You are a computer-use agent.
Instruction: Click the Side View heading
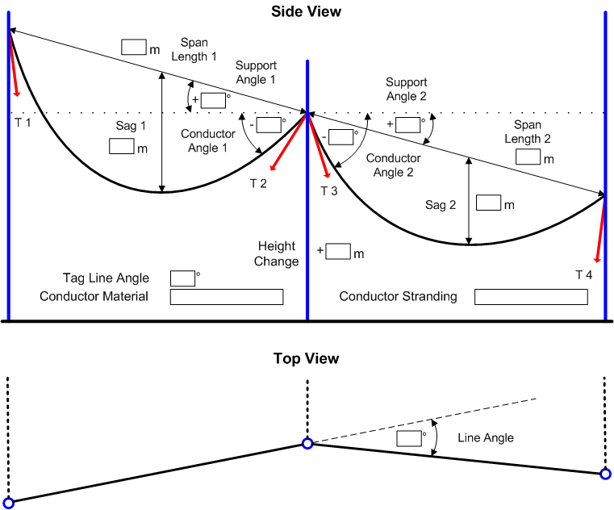pyautogui.click(x=307, y=11)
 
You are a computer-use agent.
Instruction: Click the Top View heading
pyautogui.click(x=306, y=358)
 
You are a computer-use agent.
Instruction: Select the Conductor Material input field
pyautogui.click(x=227, y=297)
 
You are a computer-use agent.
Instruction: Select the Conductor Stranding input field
pyautogui.click(x=530, y=297)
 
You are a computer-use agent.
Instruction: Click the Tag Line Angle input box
pyautogui.click(x=183, y=278)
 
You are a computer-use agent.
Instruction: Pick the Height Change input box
pyautogui.click(x=338, y=251)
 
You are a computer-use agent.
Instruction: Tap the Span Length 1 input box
pyautogui.click(x=133, y=47)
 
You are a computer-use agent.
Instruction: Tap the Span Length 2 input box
pyautogui.click(x=528, y=157)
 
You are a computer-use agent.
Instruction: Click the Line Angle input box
pyautogui.click(x=410, y=438)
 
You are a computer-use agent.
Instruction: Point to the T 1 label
pyautogui.click(x=22, y=121)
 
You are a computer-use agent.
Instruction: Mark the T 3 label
pyautogui.click(x=329, y=191)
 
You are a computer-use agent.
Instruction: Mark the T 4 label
pyautogui.click(x=583, y=275)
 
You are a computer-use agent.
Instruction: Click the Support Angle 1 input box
pyautogui.click(x=213, y=100)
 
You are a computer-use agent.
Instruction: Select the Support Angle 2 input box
pyautogui.click(x=408, y=124)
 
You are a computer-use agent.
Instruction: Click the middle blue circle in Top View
pyautogui.click(x=307, y=443)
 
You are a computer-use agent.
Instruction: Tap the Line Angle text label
pyautogui.click(x=486, y=438)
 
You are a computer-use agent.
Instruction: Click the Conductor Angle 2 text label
pyautogui.click(x=393, y=165)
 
